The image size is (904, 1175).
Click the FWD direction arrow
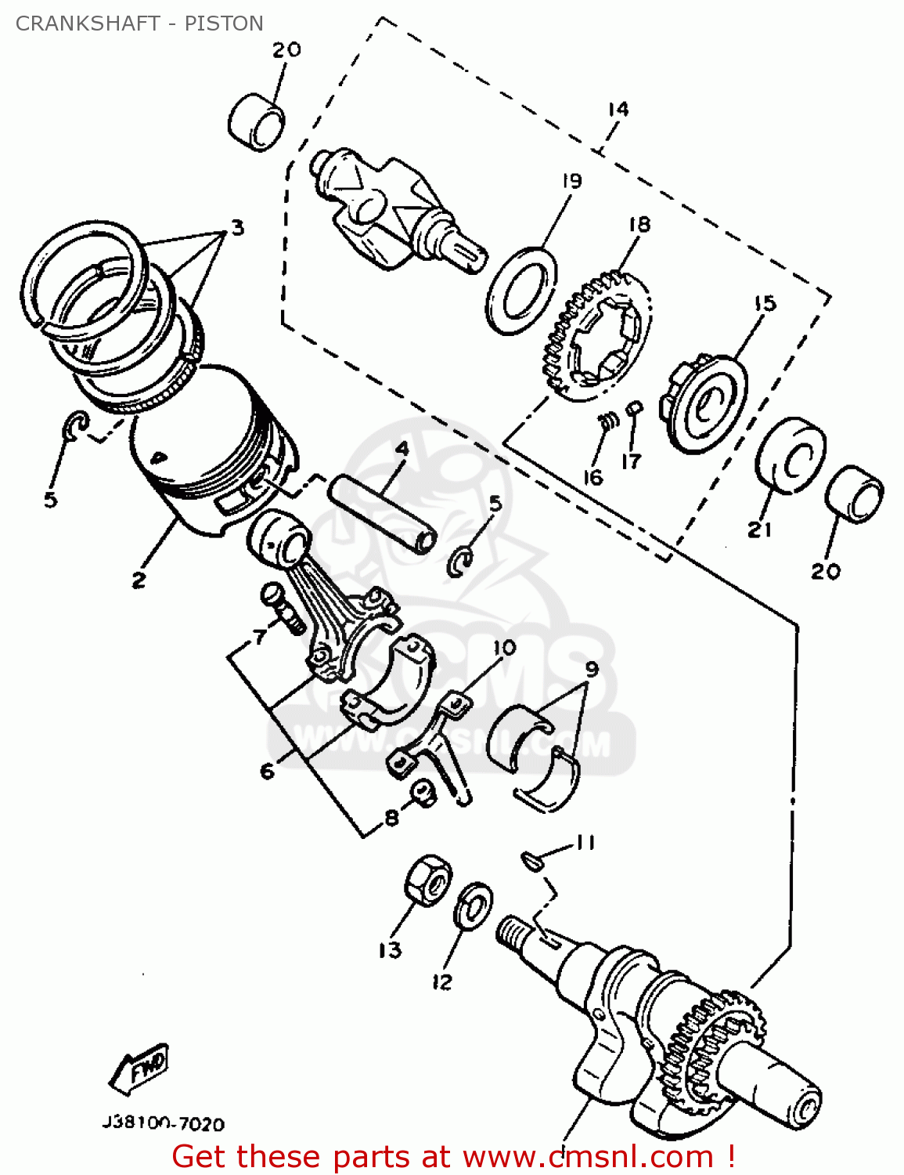pyautogui.click(x=140, y=1068)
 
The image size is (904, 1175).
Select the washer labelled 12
pyautogui.click(x=473, y=906)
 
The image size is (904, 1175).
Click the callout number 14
pyautogui.click(x=618, y=109)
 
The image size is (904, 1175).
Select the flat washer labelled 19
pyautogui.click(x=521, y=291)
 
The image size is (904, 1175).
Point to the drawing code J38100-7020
pyautogui.click(x=163, y=1124)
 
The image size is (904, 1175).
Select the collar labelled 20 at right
pyautogui.click(x=854, y=494)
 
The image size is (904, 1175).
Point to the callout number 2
pyautogui.click(x=139, y=580)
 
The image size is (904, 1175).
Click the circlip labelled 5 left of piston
pyautogui.click(x=73, y=425)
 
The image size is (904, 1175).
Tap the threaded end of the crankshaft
pyautogui.click(x=513, y=930)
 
